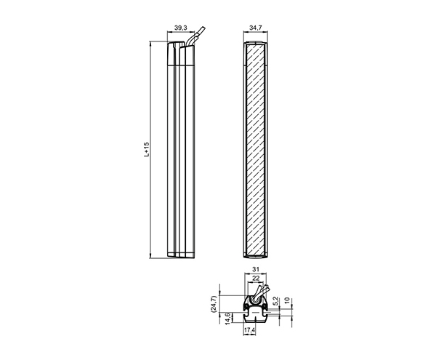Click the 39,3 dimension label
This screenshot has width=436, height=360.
(181, 28)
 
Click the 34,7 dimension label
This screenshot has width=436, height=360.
(255, 28)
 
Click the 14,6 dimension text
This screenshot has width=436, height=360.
(228, 318)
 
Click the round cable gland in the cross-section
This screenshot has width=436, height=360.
(256, 300)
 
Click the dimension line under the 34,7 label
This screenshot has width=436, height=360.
(256, 34)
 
